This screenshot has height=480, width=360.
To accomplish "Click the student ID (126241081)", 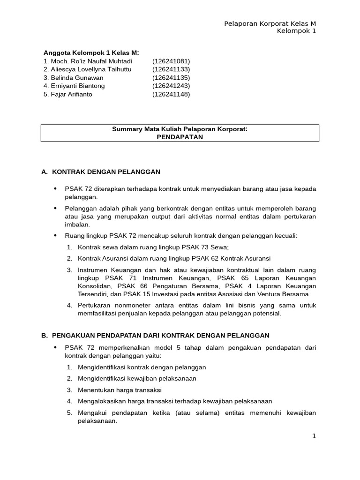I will click(x=171, y=61).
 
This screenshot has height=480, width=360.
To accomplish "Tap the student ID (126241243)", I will click(x=171, y=86).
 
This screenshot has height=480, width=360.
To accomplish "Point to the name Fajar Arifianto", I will click(x=71, y=94).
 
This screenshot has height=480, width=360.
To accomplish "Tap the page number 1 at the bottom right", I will click(x=314, y=436).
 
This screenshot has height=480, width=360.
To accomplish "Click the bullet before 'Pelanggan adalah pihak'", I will click(x=55, y=208).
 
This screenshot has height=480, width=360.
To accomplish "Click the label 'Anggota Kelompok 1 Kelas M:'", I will click(x=91, y=52).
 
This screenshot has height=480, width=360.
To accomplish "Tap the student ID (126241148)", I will click(x=171, y=94).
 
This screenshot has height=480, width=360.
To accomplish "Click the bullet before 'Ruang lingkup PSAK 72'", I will click(x=55, y=235).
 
